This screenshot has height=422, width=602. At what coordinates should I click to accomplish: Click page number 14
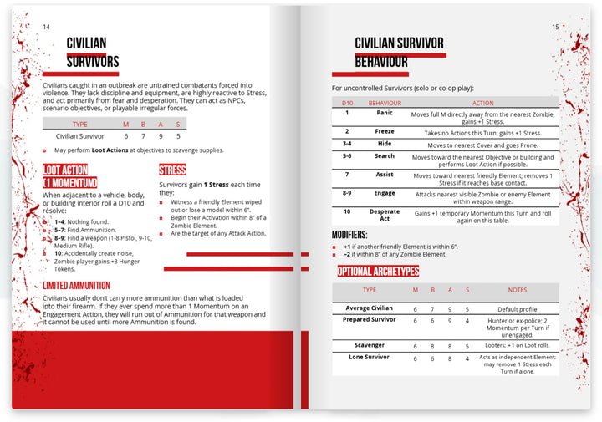(46, 28)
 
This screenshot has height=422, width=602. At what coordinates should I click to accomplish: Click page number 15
(555, 28)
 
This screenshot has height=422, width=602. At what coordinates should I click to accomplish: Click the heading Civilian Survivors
(92, 52)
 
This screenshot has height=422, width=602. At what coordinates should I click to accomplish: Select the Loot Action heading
(70, 175)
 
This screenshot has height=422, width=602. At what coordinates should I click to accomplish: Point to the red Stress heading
(172, 170)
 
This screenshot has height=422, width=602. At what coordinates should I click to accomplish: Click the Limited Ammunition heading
(76, 286)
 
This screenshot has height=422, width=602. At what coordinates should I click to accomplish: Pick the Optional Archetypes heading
(378, 271)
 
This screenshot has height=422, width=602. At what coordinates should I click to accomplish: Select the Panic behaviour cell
(385, 113)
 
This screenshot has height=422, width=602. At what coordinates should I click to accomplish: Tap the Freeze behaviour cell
(385, 131)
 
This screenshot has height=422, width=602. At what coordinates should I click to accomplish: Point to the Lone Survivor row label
(369, 357)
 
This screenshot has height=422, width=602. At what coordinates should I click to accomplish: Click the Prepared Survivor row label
(369, 320)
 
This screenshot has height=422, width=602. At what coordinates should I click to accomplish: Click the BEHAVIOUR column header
(385, 103)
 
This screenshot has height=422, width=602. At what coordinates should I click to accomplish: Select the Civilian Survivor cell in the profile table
(79, 135)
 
